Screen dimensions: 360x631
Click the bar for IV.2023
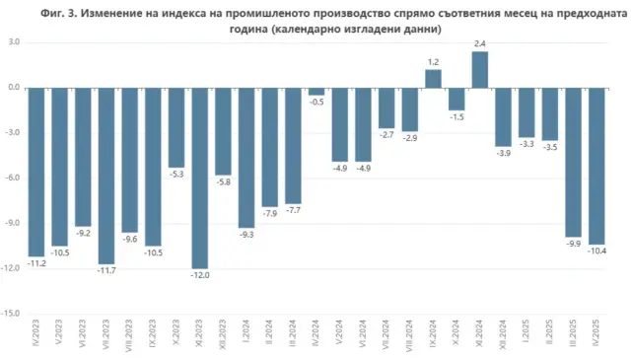click(35, 173)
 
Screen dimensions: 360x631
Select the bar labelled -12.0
click(199, 178)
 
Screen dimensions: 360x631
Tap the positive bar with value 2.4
click(480, 69)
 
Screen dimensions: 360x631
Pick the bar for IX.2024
click(433, 79)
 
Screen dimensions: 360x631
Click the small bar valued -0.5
click(315, 91)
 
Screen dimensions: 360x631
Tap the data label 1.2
click(433, 62)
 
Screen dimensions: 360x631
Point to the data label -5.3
click(175, 175)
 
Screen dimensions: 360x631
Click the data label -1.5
click(456, 117)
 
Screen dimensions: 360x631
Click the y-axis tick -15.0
click(12, 314)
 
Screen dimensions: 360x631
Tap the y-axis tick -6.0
click(13, 179)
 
